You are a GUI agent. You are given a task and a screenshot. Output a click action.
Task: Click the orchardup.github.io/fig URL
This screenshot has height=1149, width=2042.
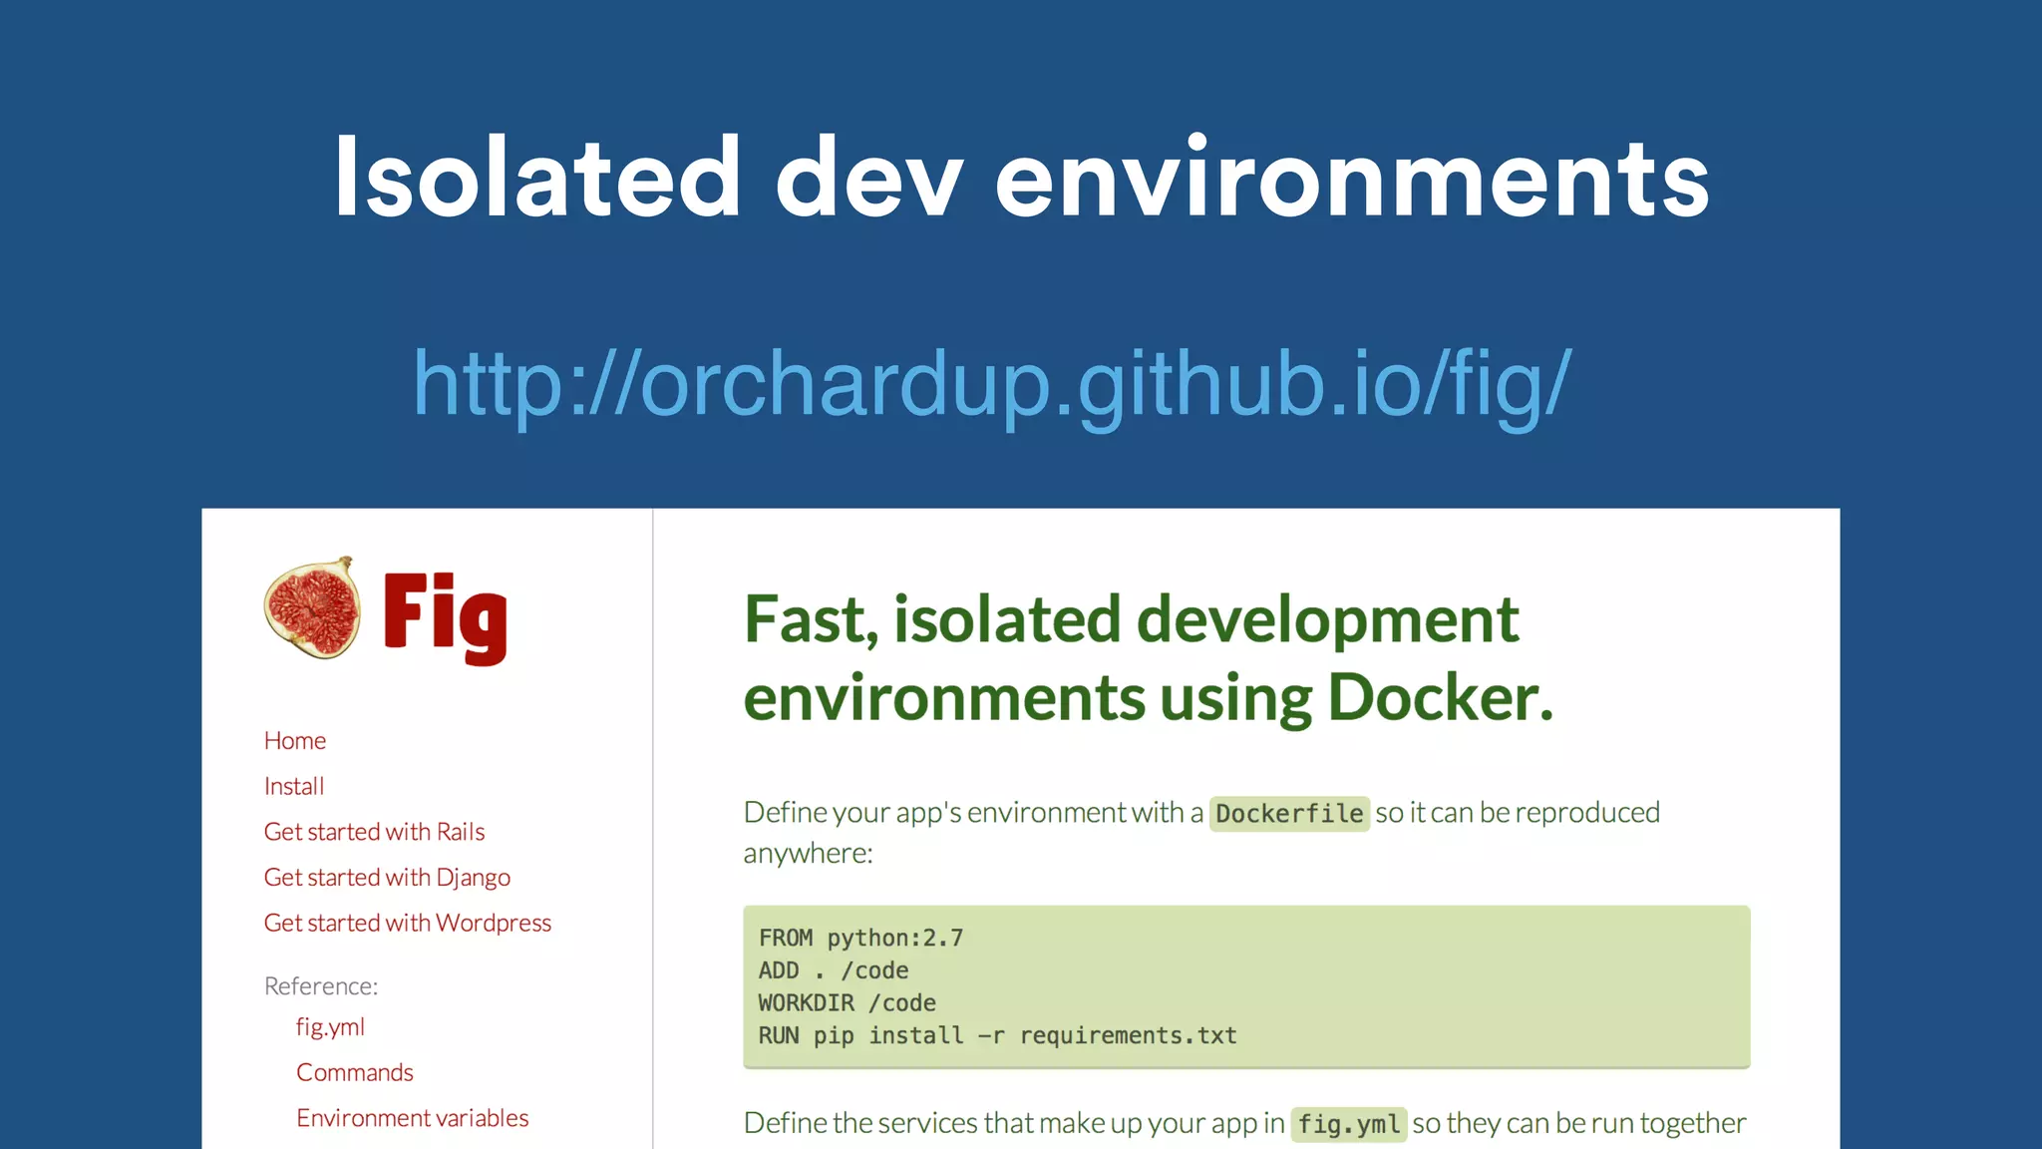992,384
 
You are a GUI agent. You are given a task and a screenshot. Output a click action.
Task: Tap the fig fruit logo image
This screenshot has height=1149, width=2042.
312,607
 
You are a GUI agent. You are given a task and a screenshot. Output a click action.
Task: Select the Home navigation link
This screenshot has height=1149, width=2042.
295,740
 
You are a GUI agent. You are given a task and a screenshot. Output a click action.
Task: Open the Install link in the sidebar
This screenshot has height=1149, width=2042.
294,786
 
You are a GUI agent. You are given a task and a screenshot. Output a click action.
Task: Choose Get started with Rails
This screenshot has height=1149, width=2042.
374,832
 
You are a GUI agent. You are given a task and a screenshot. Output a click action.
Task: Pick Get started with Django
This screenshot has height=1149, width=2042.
387,878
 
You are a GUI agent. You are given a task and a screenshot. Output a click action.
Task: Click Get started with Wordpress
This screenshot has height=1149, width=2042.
407,923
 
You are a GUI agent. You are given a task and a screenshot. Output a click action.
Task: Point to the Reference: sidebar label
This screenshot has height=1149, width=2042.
321,986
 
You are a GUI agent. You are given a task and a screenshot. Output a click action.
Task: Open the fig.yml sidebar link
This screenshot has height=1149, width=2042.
330,1027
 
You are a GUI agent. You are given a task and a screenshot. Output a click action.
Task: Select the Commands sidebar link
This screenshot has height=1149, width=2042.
355,1072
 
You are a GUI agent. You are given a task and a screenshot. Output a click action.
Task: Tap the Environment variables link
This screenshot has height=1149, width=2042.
412,1118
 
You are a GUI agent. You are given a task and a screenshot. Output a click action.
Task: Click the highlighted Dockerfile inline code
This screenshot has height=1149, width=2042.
1289,814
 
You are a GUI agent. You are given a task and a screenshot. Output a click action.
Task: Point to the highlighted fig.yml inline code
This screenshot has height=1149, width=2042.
1348,1124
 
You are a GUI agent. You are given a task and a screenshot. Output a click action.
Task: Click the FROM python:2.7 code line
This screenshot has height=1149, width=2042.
860,938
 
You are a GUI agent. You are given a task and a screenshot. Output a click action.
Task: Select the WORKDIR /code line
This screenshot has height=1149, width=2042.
847,1002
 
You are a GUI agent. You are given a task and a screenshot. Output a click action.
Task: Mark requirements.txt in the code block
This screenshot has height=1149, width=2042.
1128,1035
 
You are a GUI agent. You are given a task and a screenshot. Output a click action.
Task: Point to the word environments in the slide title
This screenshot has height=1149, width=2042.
1352,179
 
